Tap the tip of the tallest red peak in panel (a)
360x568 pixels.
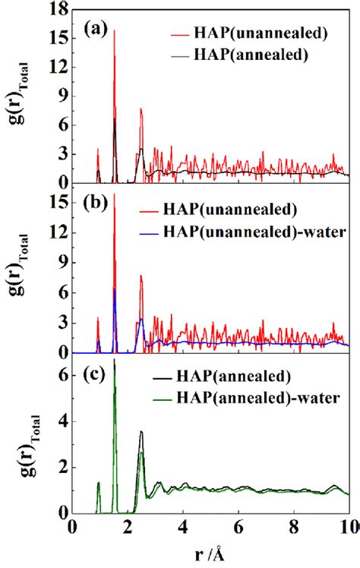pos(114,31)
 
